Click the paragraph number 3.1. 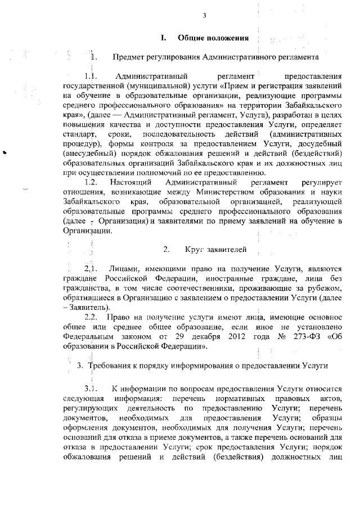click(x=91, y=388)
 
